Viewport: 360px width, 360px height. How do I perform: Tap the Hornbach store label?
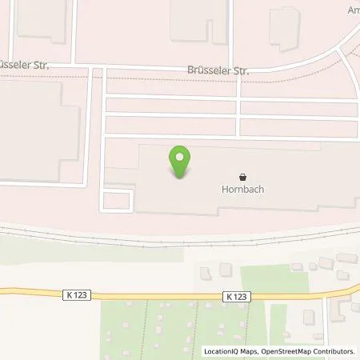242,190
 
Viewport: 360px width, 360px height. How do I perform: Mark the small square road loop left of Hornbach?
116,199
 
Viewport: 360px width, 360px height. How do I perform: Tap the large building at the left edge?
36,132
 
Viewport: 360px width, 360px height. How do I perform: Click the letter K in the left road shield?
71,295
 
